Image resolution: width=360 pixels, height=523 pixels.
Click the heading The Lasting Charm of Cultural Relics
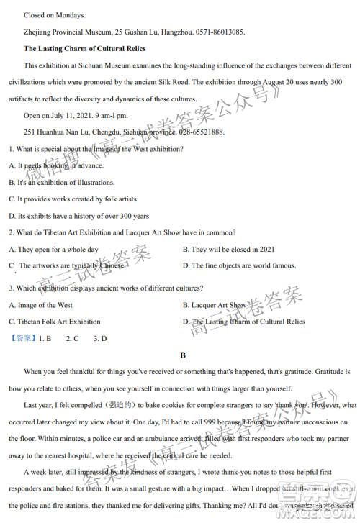tap(85, 49)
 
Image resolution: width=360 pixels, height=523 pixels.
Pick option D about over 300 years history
tap(78, 216)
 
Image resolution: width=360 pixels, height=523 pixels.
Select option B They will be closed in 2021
tap(228, 249)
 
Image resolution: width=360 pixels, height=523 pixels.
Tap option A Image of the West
tap(40, 305)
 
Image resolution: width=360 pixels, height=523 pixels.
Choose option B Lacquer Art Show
tap(213, 305)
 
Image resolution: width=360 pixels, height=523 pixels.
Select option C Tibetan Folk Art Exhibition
tap(55, 322)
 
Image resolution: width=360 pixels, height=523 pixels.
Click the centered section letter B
tap(183, 355)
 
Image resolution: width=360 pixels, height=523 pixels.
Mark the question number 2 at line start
tap(11, 232)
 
